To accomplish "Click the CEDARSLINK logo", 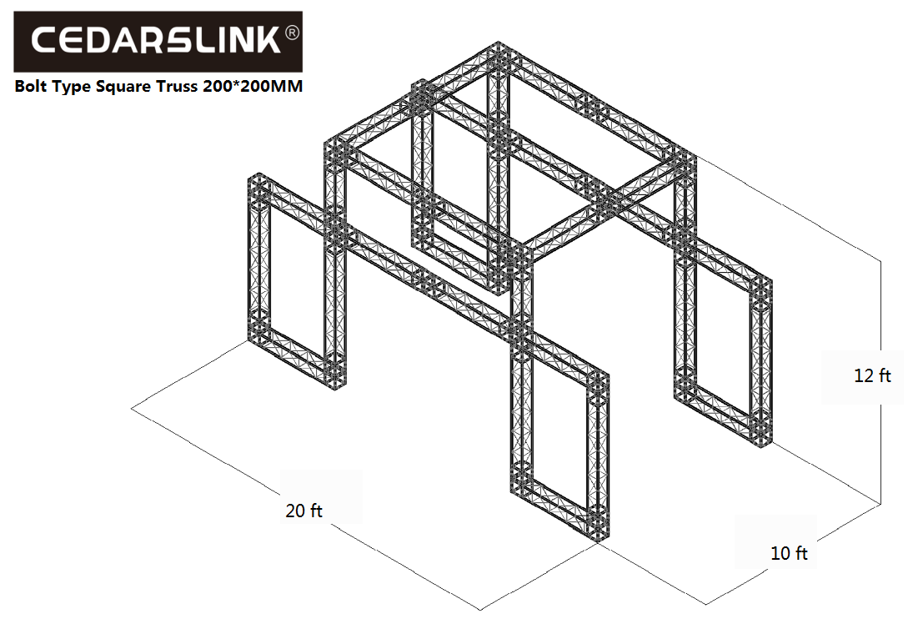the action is pyautogui.click(x=158, y=42).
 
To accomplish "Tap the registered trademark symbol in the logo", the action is pyautogui.click(x=292, y=33).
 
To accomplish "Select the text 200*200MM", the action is pyautogui.click(x=253, y=86).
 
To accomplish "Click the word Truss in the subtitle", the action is pyautogui.click(x=178, y=86).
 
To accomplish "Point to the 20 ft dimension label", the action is pyautogui.click(x=303, y=511).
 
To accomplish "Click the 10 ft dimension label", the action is pyautogui.click(x=790, y=553).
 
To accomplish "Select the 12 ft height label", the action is pyautogui.click(x=872, y=375).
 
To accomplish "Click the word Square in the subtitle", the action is pyautogui.click(x=123, y=87).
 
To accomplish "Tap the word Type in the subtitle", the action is pyautogui.click(x=72, y=88).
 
